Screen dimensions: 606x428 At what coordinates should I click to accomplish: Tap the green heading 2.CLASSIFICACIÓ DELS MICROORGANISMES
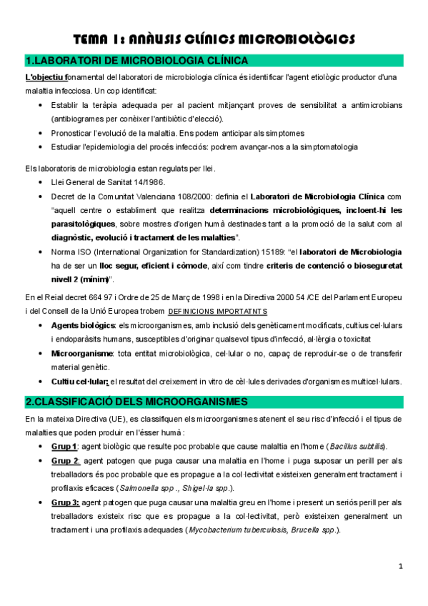136,401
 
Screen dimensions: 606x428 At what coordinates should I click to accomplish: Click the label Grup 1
64,446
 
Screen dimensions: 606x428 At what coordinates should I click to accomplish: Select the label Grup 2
64,460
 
